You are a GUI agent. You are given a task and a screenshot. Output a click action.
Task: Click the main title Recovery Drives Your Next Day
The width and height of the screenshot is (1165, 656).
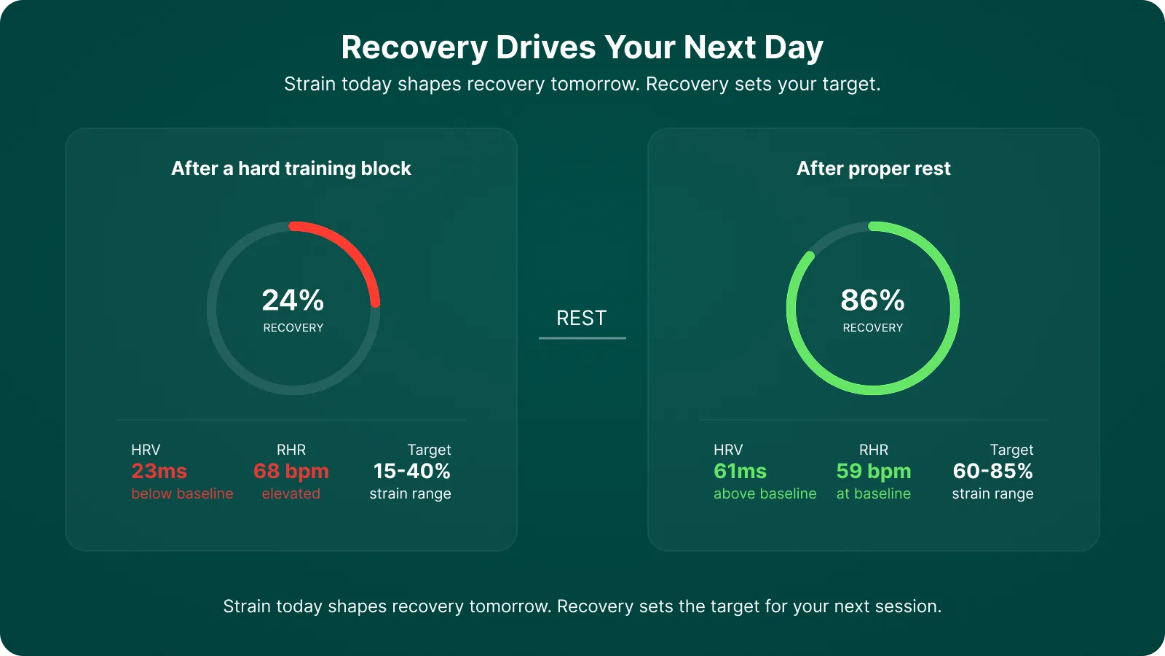coord(582,47)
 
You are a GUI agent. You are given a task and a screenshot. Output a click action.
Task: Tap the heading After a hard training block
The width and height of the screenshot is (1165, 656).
coord(291,168)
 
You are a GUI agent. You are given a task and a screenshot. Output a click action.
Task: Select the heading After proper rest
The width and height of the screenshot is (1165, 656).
coord(873,168)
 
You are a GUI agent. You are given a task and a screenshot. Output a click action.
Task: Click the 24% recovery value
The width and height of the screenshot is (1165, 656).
coord(293,300)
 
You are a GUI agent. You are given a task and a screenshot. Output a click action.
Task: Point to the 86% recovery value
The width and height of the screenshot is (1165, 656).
coord(872,300)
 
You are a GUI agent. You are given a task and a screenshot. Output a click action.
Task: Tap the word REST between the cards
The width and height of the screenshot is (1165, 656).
coord(581,318)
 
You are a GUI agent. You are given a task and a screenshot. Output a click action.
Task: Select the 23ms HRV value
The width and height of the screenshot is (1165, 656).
coord(159,472)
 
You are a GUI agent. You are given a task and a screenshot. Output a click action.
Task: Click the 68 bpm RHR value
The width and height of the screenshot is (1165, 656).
coord(291,472)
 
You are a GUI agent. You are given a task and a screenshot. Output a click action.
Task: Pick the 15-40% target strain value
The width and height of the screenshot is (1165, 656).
coord(411,472)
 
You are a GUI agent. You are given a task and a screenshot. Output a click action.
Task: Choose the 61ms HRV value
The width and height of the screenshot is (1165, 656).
coord(740,472)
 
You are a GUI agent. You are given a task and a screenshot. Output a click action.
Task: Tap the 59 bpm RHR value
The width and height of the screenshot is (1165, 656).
coord(874,472)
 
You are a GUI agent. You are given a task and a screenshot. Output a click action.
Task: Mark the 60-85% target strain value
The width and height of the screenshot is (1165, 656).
coord(992,472)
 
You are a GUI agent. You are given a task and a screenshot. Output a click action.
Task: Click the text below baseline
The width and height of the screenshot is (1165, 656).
coord(182,493)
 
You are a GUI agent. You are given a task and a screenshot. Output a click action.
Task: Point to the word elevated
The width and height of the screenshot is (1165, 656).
coord(291,493)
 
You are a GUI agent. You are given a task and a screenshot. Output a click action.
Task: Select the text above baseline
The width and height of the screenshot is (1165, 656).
coord(765,493)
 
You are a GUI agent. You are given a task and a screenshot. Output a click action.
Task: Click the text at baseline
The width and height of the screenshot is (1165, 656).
coord(874,493)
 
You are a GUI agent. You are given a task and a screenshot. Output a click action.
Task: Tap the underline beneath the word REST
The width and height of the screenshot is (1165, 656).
coord(582,338)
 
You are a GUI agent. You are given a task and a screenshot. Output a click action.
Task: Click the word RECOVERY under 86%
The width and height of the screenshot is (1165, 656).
coord(872,328)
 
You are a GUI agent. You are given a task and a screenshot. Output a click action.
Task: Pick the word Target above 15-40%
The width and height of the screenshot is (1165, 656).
coord(429,450)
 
